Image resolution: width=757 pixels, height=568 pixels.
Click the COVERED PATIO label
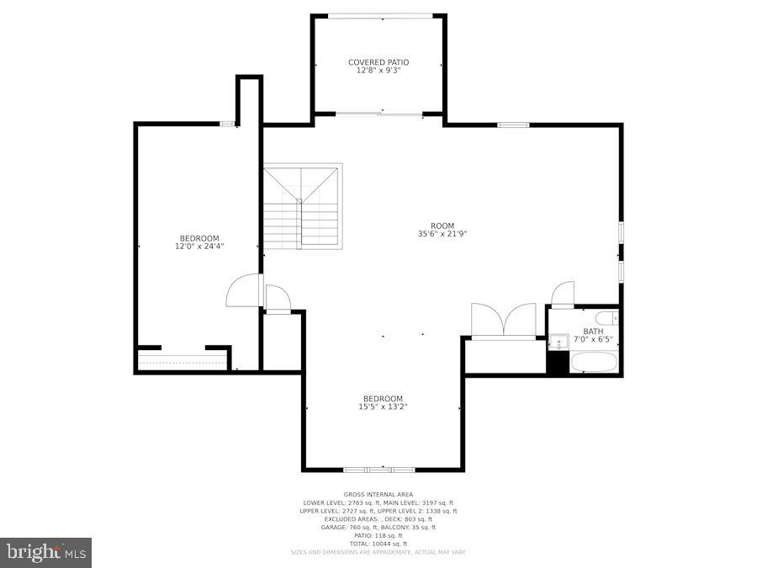378,62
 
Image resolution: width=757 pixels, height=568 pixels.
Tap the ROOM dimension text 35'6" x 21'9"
442,234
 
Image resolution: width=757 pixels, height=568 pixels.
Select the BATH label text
593,332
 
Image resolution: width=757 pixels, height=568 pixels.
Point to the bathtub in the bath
595,363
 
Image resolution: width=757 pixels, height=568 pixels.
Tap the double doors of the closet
503,321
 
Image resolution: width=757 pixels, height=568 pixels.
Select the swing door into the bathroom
562,295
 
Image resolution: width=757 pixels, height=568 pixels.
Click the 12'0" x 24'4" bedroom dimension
199,247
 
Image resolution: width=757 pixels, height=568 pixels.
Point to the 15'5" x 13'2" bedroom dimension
383,407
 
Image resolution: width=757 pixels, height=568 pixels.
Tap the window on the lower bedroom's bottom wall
379,470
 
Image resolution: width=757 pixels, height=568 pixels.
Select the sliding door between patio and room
378,114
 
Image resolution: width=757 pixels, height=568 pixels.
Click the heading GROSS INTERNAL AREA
378,495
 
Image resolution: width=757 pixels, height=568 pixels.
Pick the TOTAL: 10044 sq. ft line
378,544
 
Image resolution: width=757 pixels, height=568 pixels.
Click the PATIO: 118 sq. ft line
378,535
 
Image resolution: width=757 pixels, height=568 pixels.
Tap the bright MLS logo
46,553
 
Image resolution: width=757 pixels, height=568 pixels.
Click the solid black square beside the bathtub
557,363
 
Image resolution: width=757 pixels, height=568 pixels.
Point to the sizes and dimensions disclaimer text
378,552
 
